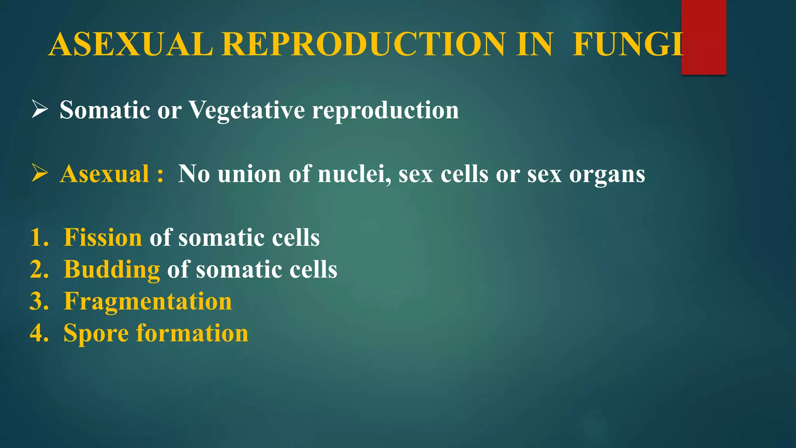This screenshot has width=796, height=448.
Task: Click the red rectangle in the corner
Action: (x=703, y=37)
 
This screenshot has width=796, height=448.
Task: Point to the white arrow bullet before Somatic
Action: (x=39, y=109)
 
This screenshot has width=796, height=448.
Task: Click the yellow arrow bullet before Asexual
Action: (x=39, y=173)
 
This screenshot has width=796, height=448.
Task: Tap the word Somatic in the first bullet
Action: (x=105, y=110)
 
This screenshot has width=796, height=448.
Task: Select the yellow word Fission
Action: (x=103, y=237)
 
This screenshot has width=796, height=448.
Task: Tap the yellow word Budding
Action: (x=112, y=269)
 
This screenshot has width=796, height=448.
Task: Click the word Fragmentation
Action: (x=148, y=302)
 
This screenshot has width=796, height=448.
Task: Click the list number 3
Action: (x=39, y=301)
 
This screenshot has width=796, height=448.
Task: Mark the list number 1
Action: (x=39, y=237)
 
